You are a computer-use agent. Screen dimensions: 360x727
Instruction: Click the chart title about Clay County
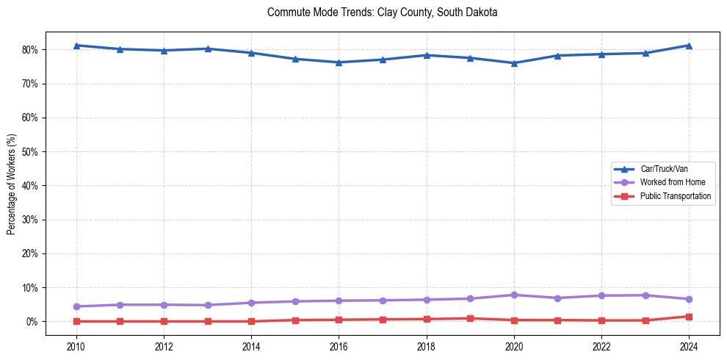tap(383, 12)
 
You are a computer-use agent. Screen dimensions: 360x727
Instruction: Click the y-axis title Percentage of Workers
tap(12, 184)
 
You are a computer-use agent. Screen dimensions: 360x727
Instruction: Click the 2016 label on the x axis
tap(339, 346)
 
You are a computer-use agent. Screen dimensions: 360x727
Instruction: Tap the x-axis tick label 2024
tap(689, 346)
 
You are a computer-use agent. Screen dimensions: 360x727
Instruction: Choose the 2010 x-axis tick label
tap(76, 346)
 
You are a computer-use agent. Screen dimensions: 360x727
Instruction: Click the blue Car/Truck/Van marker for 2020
tap(514, 63)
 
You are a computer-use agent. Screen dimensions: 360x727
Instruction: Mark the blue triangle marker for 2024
tap(689, 46)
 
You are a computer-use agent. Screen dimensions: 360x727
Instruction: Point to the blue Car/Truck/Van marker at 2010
tap(76, 46)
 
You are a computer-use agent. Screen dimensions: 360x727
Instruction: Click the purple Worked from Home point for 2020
tap(514, 295)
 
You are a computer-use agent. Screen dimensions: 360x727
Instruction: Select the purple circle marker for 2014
tap(251, 303)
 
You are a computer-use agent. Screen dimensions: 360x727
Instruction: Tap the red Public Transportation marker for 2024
tap(689, 317)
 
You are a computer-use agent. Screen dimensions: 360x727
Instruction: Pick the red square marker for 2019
tap(470, 319)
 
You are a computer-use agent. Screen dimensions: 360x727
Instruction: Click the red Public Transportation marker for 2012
tap(164, 321)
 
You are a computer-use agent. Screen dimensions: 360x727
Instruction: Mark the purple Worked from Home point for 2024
tap(689, 299)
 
